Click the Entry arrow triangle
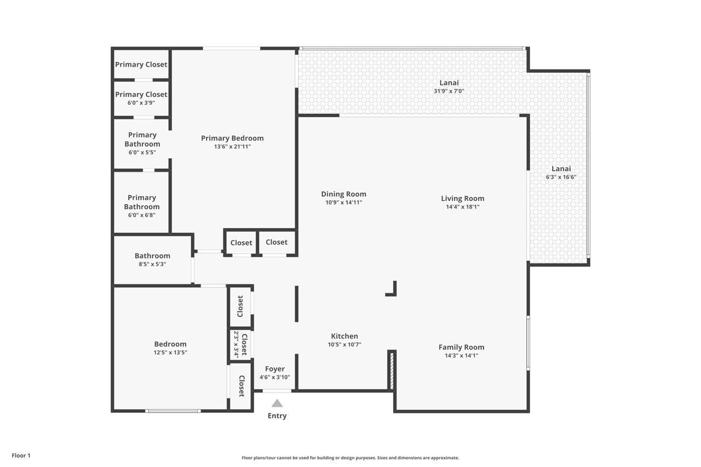(x=277, y=403)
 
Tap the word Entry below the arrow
(x=277, y=416)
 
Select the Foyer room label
(x=274, y=369)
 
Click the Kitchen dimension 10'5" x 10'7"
(x=344, y=344)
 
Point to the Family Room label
(x=461, y=347)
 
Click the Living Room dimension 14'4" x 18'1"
(x=462, y=207)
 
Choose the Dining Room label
(x=343, y=194)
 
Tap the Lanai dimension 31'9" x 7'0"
(x=449, y=91)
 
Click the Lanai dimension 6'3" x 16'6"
(x=561, y=177)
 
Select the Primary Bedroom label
(x=232, y=138)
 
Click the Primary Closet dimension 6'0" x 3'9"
(x=141, y=102)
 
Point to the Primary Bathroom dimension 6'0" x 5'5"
(x=142, y=152)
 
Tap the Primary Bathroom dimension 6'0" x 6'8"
(x=141, y=215)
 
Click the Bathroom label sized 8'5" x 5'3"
(x=152, y=256)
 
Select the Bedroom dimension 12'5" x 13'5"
(x=170, y=353)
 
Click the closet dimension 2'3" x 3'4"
(x=237, y=344)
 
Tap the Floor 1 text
(x=21, y=456)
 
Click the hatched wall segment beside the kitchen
(x=391, y=371)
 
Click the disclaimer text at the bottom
(x=350, y=458)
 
